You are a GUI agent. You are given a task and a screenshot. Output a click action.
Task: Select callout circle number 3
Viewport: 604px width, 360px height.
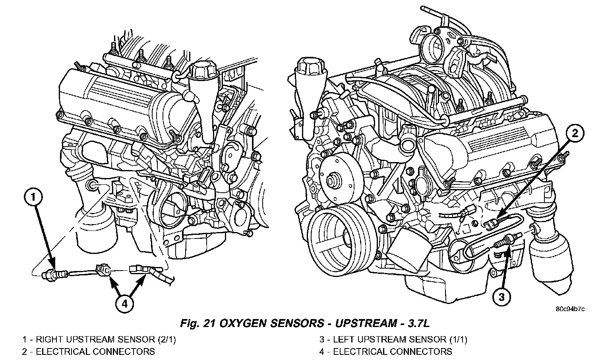tap(502, 296)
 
